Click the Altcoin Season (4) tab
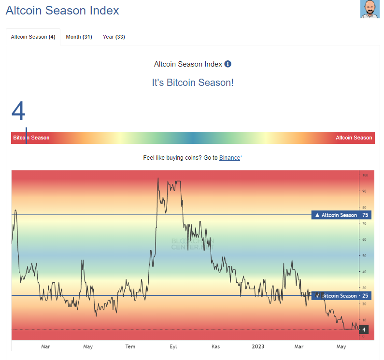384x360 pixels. tap(33, 37)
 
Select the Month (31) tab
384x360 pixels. tap(79, 37)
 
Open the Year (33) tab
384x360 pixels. tap(114, 37)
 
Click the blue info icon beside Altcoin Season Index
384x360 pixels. tap(228, 64)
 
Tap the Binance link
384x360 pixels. tap(229, 158)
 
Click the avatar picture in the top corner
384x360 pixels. tap(370, 10)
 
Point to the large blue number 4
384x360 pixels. tap(18, 111)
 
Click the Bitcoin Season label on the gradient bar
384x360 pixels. tap(31, 138)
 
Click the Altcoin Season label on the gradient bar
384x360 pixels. tap(354, 138)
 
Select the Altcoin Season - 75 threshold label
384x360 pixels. tap(342, 215)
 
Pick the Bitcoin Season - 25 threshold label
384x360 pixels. tap(341, 296)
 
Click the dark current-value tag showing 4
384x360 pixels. tap(364, 330)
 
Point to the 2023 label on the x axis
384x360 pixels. tap(258, 346)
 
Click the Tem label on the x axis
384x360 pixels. tap(130, 346)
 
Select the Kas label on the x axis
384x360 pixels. tap(215, 346)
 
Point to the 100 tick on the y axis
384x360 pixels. tap(365, 175)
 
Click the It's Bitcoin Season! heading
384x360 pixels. tap(193, 83)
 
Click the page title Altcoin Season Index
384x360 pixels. tap(62, 10)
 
